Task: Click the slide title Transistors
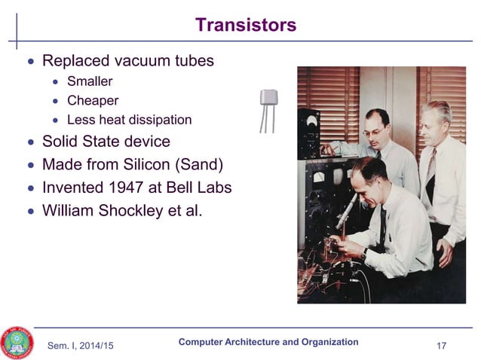(x=245, y=25)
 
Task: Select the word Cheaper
(x=93, y=100)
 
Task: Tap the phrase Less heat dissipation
(x=129, y=120)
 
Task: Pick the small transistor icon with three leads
(x=268, y=109)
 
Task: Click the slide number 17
(x=442, y=346)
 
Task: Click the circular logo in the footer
(x=17, y=343)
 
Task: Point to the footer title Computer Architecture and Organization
(x=268, y=342)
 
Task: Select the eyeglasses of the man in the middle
(x=372, y=132)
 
